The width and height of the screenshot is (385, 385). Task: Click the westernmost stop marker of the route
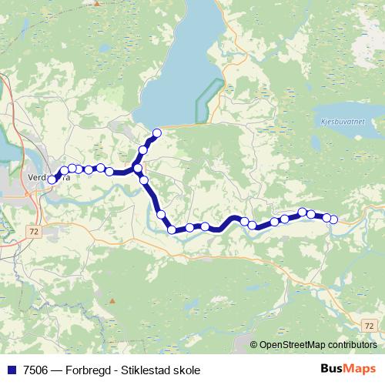pyautogui.click(x=52, y=179)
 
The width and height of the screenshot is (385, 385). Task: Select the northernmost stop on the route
pyautogui.click(x=157, y=133)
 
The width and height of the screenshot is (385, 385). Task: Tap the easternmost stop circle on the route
pyautogui.click(x=333, y=219)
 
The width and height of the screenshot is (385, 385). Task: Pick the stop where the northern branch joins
pyautogui.click(x=138, y=168)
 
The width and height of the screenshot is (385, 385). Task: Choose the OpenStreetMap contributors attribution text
pyautogui.click(x=318, y=344)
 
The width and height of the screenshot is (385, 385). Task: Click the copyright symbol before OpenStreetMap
pyautogui.click(x=255, y=344)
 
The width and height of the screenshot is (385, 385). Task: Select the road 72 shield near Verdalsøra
pyautogui.click(x=33, y=230)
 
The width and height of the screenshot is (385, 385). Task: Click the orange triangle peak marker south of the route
pyautogui.click(x=112, y=300)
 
